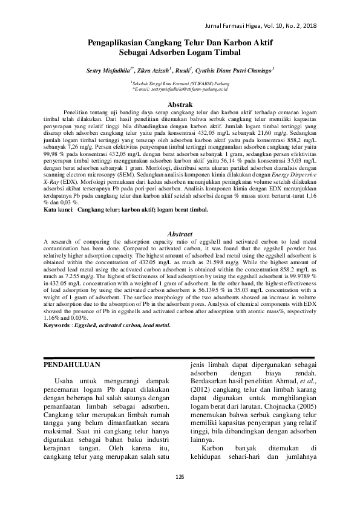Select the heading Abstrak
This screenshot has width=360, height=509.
click(x=180, y=105)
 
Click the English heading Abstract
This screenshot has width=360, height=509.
click(x=180, y=234)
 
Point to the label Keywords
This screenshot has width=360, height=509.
click(x=61, y=325)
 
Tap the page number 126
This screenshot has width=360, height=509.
click(x=180, y=478)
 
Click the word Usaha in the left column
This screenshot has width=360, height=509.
click(x=67, y=382)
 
